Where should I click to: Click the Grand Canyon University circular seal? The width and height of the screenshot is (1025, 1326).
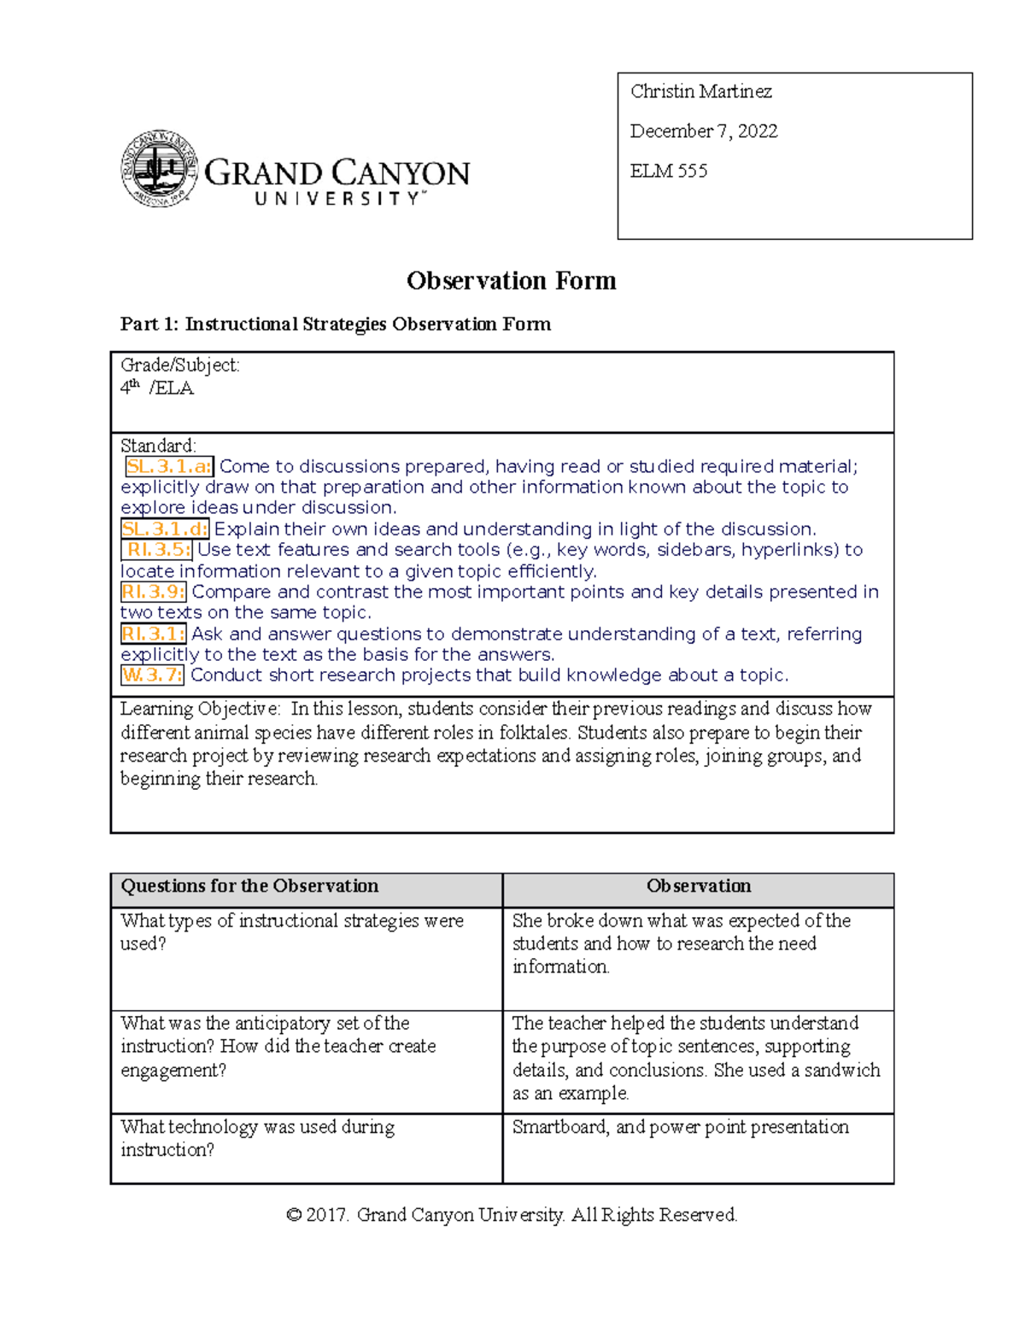(160, 169)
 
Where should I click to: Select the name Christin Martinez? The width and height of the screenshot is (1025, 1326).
(700, 91)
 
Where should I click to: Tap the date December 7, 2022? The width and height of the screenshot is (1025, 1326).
(703, 131)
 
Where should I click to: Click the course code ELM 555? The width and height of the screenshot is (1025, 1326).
(668, 171)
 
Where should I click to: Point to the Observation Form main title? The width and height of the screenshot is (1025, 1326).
(511, 281)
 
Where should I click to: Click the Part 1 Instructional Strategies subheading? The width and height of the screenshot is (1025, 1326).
(335, 324)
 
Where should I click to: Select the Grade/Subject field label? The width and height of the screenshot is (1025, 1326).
(179, 365)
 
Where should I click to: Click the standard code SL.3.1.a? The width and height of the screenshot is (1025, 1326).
(169, 466)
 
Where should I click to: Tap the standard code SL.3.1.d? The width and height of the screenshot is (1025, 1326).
(165, 529)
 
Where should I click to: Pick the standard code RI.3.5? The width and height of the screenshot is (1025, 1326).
(158, 550)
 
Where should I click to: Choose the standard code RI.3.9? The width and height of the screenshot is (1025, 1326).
(153, 592)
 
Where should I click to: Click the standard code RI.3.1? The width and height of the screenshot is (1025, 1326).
(153, 634)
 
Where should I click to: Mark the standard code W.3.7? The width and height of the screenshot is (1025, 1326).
(152, 675)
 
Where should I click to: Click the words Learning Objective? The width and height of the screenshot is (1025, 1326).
(199, 709)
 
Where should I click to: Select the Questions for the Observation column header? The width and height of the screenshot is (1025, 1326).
(249, 886)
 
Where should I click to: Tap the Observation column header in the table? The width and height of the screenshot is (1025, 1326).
(699, 886)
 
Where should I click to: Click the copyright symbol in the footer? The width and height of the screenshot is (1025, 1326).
(294, 1215)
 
